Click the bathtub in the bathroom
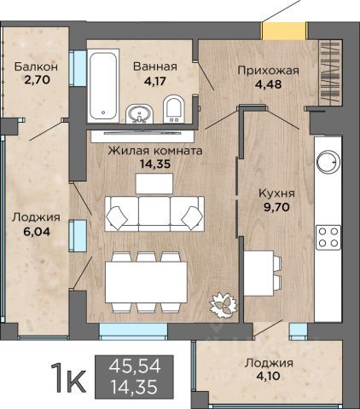(103, 86)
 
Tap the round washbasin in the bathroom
(139, 113)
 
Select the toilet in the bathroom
(174, 109)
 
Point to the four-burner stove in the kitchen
(328, 237)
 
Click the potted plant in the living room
(224, 305)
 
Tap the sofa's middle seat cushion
(154, 210)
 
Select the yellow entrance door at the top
(284, 31)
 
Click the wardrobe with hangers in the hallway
(330, 73)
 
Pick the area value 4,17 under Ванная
(154, 81)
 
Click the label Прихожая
(269, 70)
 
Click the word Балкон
(36, 66)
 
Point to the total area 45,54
(135, 366)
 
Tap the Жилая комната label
(155, 151)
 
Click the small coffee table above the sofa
(154, 183)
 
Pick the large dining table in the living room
(146, 282)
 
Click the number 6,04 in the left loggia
(38, 232)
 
